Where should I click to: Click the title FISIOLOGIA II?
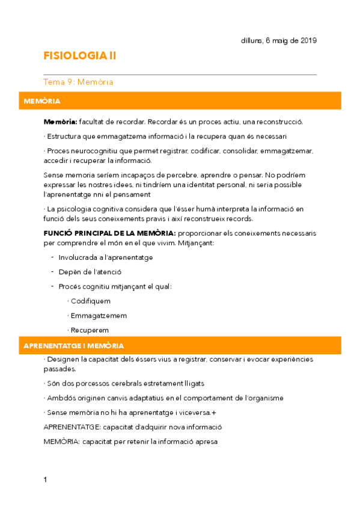(80, 56)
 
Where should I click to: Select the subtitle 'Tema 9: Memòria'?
(79, 82)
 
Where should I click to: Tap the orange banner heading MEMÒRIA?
(42, 101)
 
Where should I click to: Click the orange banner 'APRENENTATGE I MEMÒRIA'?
(73, 346)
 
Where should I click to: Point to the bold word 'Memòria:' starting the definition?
(60, 121)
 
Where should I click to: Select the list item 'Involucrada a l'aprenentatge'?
(105, 257)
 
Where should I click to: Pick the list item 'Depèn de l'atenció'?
(90, 272)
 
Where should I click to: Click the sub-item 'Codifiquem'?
(90, 301)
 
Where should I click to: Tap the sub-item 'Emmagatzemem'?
(99, 315)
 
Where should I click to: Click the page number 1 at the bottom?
(45, 479)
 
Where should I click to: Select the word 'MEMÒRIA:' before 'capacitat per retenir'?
(60, 442)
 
